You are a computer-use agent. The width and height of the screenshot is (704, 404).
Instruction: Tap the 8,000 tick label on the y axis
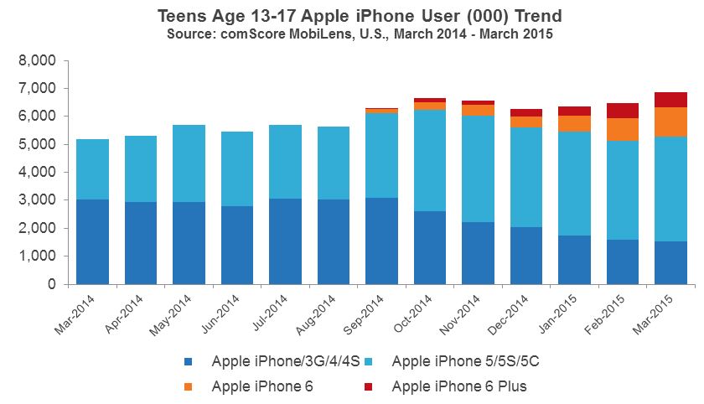(x=37, y=61)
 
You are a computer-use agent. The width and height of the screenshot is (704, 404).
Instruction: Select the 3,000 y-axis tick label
(x=37, y=200)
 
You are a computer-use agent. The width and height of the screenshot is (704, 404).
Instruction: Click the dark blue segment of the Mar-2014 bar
(x=93, y=241)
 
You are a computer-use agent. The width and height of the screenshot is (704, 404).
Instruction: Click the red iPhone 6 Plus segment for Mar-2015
(x=670, y=100)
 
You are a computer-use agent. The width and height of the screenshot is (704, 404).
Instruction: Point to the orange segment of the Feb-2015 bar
(x=622, y=129)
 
